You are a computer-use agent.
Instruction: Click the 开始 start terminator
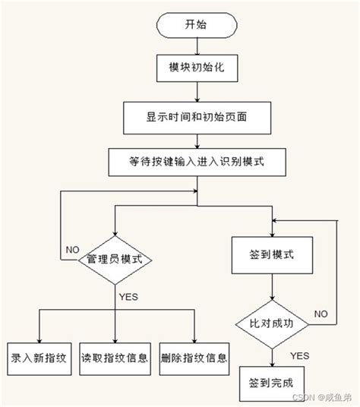pos(195,25)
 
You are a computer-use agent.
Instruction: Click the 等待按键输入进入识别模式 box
pos(195,162)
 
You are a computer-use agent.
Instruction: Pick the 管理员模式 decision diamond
pos(115,260)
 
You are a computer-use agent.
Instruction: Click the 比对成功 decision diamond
pos(271,323)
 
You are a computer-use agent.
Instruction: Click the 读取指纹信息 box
pos(115,355)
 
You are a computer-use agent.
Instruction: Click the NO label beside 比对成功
pos(321,313)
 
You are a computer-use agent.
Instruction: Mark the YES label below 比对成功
pos(298,354)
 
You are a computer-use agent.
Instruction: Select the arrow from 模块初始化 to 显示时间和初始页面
pos(195,92)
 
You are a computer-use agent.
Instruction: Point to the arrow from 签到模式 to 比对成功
pos(271,289)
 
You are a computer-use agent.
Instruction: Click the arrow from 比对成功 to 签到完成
pos(271,353)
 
